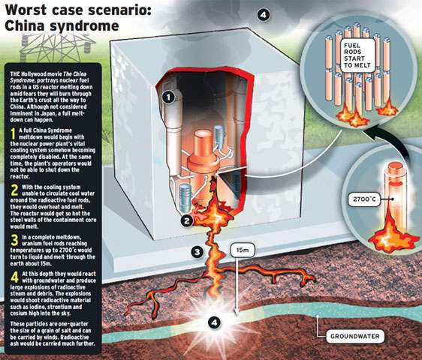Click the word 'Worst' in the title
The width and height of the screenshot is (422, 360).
(26, 10)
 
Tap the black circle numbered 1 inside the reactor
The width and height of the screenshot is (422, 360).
(168, 97)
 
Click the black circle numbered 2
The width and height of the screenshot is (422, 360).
(186, 221)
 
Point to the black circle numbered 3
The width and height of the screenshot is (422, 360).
(197, 252)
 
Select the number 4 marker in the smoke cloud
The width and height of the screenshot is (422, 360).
(264, 15)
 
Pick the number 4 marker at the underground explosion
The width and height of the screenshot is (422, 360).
(214, 322)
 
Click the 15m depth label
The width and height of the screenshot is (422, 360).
(243, 250)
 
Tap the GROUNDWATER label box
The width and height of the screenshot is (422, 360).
(355, 336)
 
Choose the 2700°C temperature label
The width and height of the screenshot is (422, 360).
(364, 199)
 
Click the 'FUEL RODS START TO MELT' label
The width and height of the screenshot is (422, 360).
(357, 55)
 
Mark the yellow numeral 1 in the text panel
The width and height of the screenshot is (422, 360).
(13, 134)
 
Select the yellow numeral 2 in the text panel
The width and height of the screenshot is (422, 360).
(14, 190)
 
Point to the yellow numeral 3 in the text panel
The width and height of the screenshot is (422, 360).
(14, 240)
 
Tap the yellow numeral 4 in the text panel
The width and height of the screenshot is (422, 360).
(15, 277)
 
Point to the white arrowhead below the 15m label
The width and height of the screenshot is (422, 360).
(237, 312)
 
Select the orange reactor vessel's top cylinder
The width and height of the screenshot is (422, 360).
(203, 144)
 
